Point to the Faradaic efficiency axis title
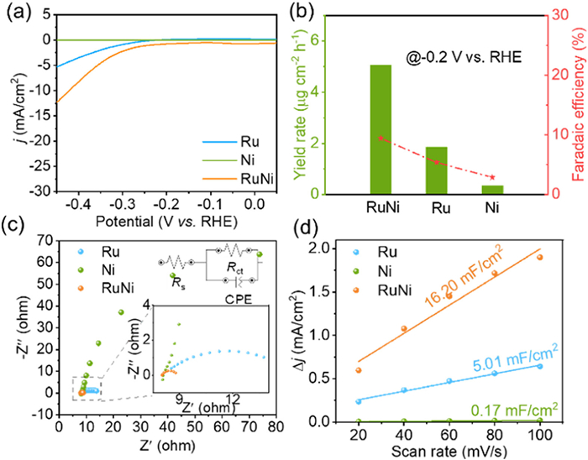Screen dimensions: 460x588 pos(578,101)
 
